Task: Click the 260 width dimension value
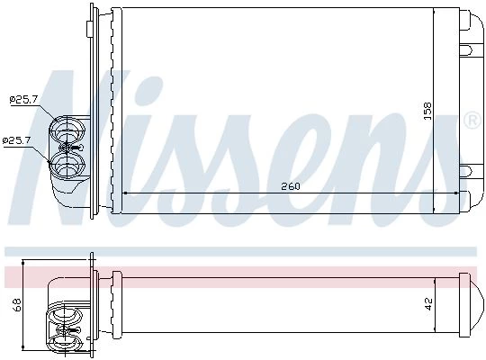[291, 186]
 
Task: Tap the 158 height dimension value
[427, 111]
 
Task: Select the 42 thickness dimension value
[428, 304]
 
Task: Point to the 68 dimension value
[17, 304]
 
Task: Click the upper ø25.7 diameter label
[23, 100]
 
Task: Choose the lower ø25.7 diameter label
[16, 140]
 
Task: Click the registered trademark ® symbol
[472, 121]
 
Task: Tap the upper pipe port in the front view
[67, 130]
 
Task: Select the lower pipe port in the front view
[67, 166]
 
